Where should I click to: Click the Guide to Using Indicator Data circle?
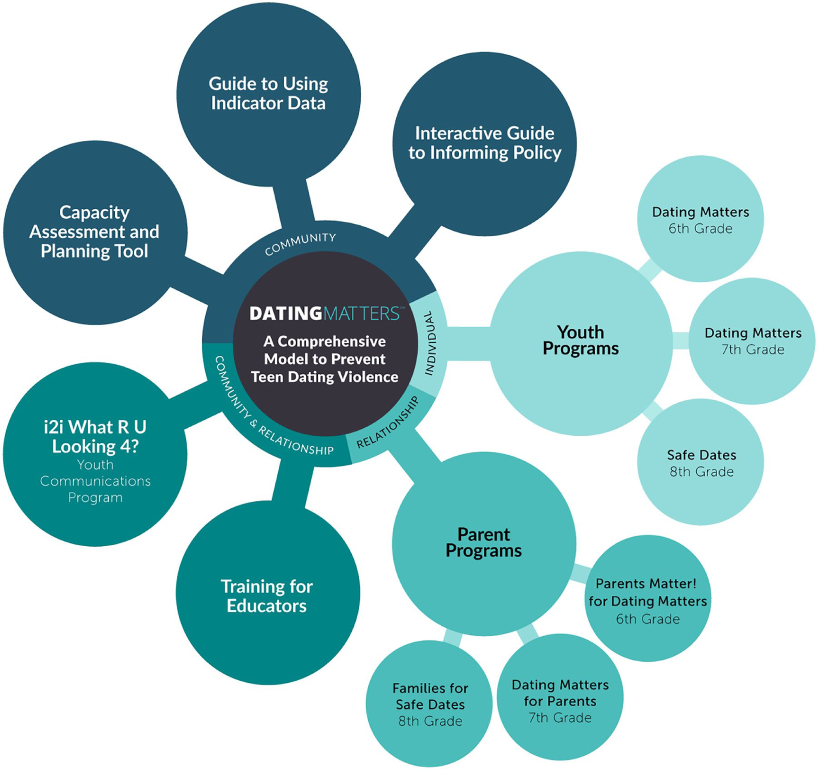pos(268,94)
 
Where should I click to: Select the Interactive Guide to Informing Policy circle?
pos(485,143)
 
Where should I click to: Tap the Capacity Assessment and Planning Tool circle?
pos(94,232)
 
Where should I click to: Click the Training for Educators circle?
pos(268,596)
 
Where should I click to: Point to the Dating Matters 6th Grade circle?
pos(700,220)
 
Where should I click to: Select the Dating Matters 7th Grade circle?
pos(752,341)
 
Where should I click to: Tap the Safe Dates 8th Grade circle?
pos(701,462)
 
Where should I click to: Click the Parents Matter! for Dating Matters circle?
pos(648,601)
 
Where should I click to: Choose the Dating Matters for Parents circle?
pos(560,700)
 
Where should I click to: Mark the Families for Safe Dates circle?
pos(430,704)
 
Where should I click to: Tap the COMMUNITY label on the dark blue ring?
pos(300,243)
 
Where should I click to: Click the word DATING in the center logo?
pos(286,313)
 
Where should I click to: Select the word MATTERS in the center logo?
pos(361,313)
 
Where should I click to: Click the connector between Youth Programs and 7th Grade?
pos(681,341)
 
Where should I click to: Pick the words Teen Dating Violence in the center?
pos(325,377)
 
